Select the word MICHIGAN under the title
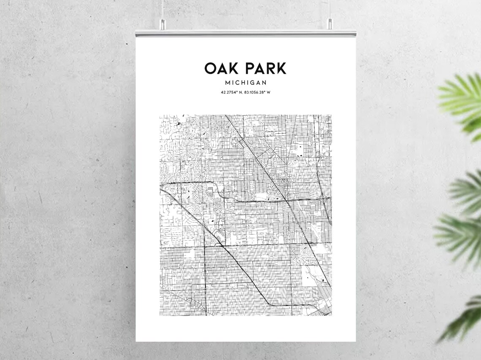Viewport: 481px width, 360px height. click(246, 83)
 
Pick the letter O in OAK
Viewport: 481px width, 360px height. click(211, 68)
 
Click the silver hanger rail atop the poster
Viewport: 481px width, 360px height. click(246, 33)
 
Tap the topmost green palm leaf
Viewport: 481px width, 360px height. click(462, 99)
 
